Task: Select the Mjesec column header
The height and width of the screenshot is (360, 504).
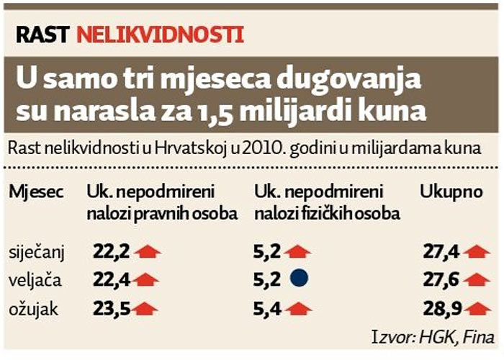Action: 36,192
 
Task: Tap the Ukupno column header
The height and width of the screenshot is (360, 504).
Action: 449,192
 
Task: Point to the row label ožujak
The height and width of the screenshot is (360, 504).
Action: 33,307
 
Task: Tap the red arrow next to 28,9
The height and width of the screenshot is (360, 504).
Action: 477,307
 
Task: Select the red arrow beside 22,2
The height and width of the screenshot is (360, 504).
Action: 147,251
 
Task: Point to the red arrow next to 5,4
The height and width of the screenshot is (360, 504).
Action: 297,307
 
